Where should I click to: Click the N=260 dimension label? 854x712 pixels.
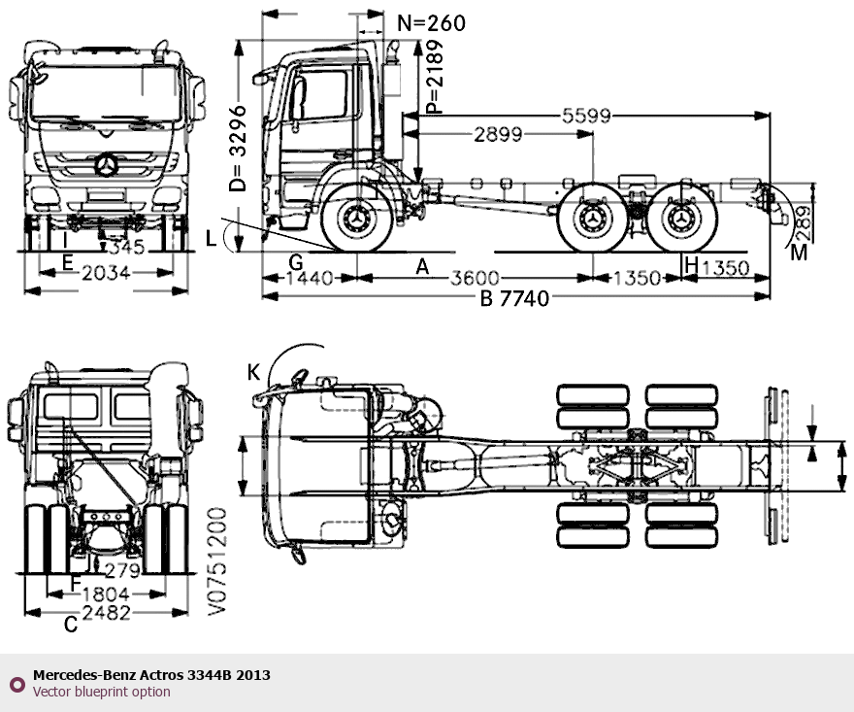432,23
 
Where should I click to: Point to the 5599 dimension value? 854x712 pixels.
586,116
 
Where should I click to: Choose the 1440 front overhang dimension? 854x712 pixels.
310,278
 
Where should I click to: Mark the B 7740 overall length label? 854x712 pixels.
515,298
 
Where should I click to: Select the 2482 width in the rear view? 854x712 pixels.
107,612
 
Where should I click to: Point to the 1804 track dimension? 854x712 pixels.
106,593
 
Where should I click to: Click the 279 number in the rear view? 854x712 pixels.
122,570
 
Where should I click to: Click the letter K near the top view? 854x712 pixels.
253,372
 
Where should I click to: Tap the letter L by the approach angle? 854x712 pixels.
212,239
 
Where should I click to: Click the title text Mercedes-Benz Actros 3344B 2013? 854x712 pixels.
151,675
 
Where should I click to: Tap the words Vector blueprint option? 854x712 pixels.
101,692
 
